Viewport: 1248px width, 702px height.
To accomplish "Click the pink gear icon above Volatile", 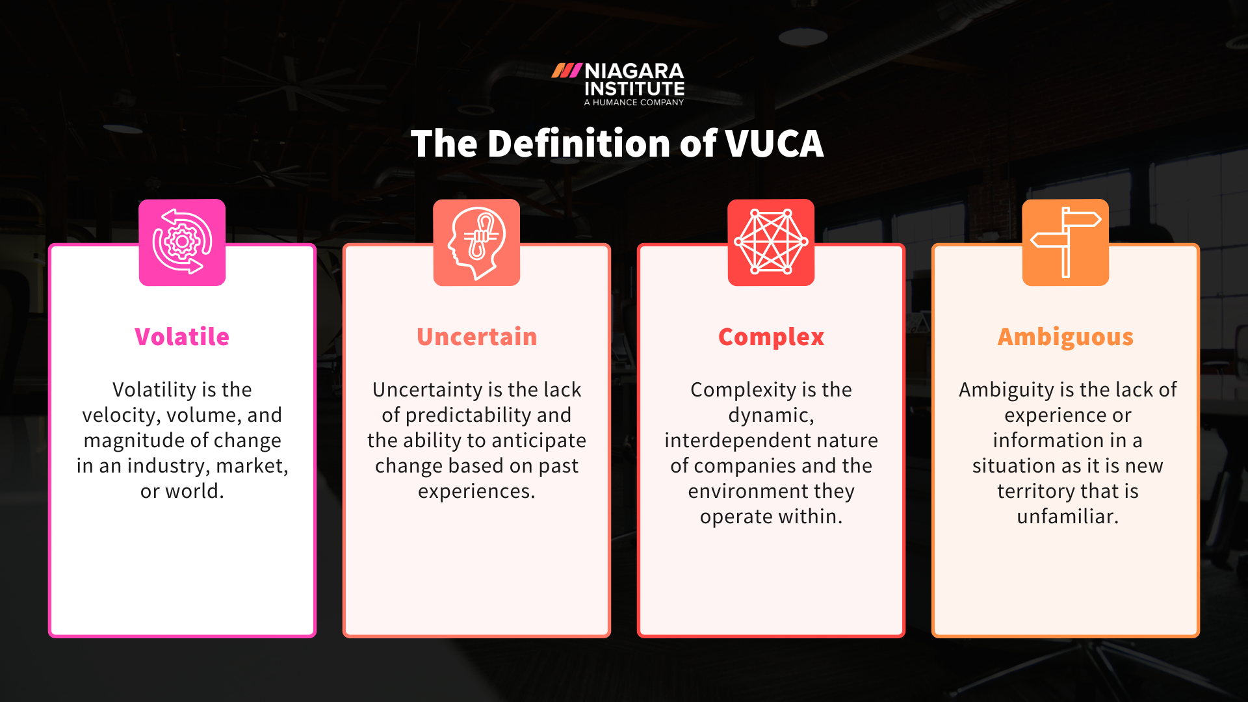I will click(182, 242).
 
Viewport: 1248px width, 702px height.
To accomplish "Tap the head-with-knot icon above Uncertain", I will click(476, 242).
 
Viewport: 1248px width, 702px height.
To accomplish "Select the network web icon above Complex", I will click(771, 242).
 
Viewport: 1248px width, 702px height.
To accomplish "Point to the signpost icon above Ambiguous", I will click(1065, 242).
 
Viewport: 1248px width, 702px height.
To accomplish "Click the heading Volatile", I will click(182, 337).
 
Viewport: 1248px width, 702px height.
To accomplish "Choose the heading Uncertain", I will click(476, 337).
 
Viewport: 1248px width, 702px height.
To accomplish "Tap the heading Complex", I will click(771, 337).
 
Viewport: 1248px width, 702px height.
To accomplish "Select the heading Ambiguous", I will click(1065, 337).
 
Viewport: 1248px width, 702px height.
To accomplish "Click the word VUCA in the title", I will click(774, 144).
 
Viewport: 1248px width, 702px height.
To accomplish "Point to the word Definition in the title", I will click(579, 144).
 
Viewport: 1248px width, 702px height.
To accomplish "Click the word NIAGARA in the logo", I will click(634, 71).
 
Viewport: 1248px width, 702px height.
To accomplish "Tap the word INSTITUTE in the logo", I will click(634, 88).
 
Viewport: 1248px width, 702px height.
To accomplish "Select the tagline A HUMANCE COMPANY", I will click(634, 102).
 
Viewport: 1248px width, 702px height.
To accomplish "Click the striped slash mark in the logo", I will click(566, 71).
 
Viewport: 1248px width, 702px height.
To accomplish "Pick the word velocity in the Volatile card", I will click(121, 415).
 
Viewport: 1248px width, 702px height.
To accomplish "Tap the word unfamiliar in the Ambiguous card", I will click(1067, 517).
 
